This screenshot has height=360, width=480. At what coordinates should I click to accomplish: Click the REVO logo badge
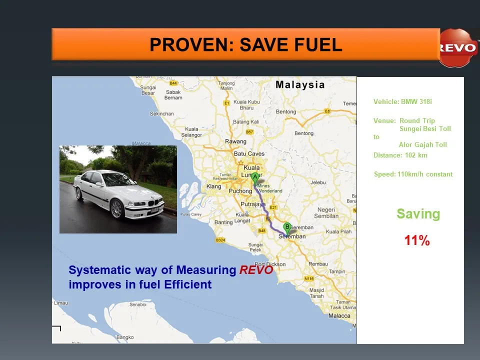point(457,48)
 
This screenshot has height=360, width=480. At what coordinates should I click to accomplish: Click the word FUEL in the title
point(318,45)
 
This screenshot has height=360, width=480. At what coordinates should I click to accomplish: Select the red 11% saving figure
point(417,241)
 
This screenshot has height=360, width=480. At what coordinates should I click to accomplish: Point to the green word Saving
point(418,214)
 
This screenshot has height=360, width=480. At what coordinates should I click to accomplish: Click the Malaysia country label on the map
point(300,84)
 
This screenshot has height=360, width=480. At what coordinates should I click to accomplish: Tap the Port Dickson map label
point(270,264)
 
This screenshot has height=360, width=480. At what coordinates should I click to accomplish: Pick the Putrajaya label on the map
point(253,204)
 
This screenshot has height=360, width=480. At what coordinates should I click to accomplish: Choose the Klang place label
point(213,186)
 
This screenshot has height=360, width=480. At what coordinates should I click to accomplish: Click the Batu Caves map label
point(249,153)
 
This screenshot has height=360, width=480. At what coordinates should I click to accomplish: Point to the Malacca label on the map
point(339,315)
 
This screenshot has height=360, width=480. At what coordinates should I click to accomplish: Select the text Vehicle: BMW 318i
point(402,102)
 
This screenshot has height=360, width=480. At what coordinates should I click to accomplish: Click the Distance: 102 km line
point(400,155)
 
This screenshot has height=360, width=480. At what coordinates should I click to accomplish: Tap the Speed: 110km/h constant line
point(413,174)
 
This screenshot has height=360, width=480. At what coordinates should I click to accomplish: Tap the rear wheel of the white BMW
point(79,193)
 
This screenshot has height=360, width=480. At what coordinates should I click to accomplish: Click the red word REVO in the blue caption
point(256,270)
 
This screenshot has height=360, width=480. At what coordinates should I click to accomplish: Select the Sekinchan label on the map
point(162,113)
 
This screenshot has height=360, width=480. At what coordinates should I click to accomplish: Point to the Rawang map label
point(235,141)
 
